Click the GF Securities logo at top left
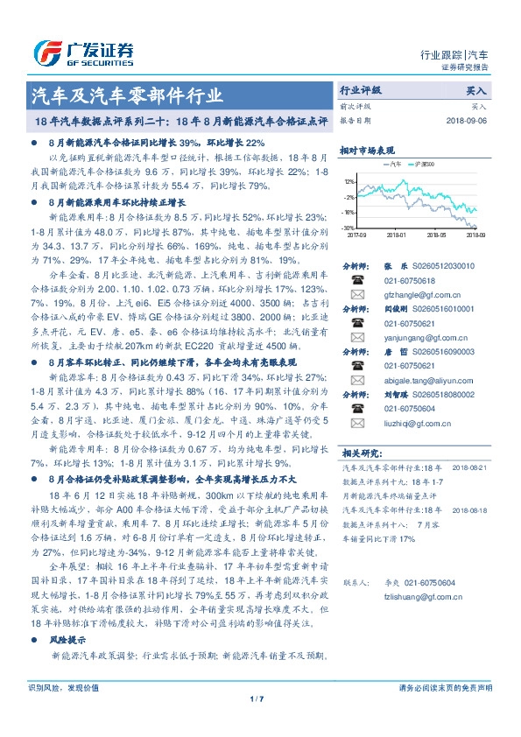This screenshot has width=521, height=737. pyautogui.click(x=83, y=51)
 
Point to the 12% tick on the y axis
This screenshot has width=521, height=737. pyautogui.click(x=349, y=182)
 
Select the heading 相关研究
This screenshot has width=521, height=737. pyautogui.click(x=359, y=453)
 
